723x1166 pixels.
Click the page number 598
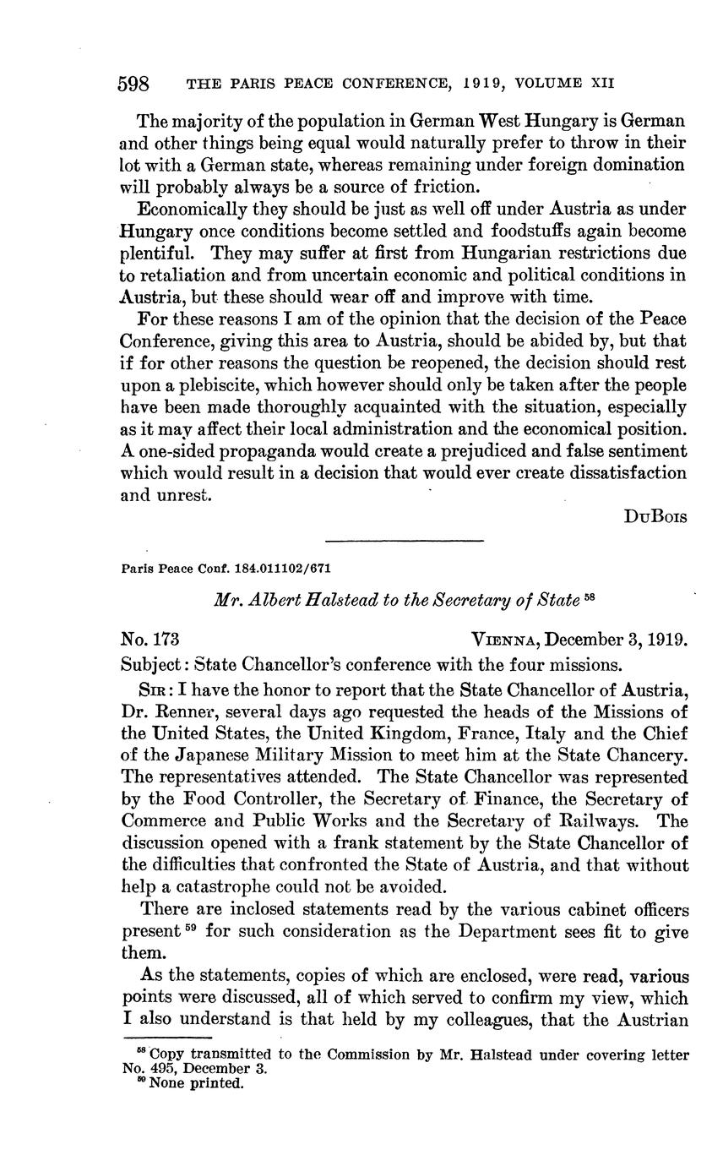pyautogui.click(x=133, y=84)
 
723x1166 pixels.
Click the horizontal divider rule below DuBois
pyautogui.click(x=404, y=541)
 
